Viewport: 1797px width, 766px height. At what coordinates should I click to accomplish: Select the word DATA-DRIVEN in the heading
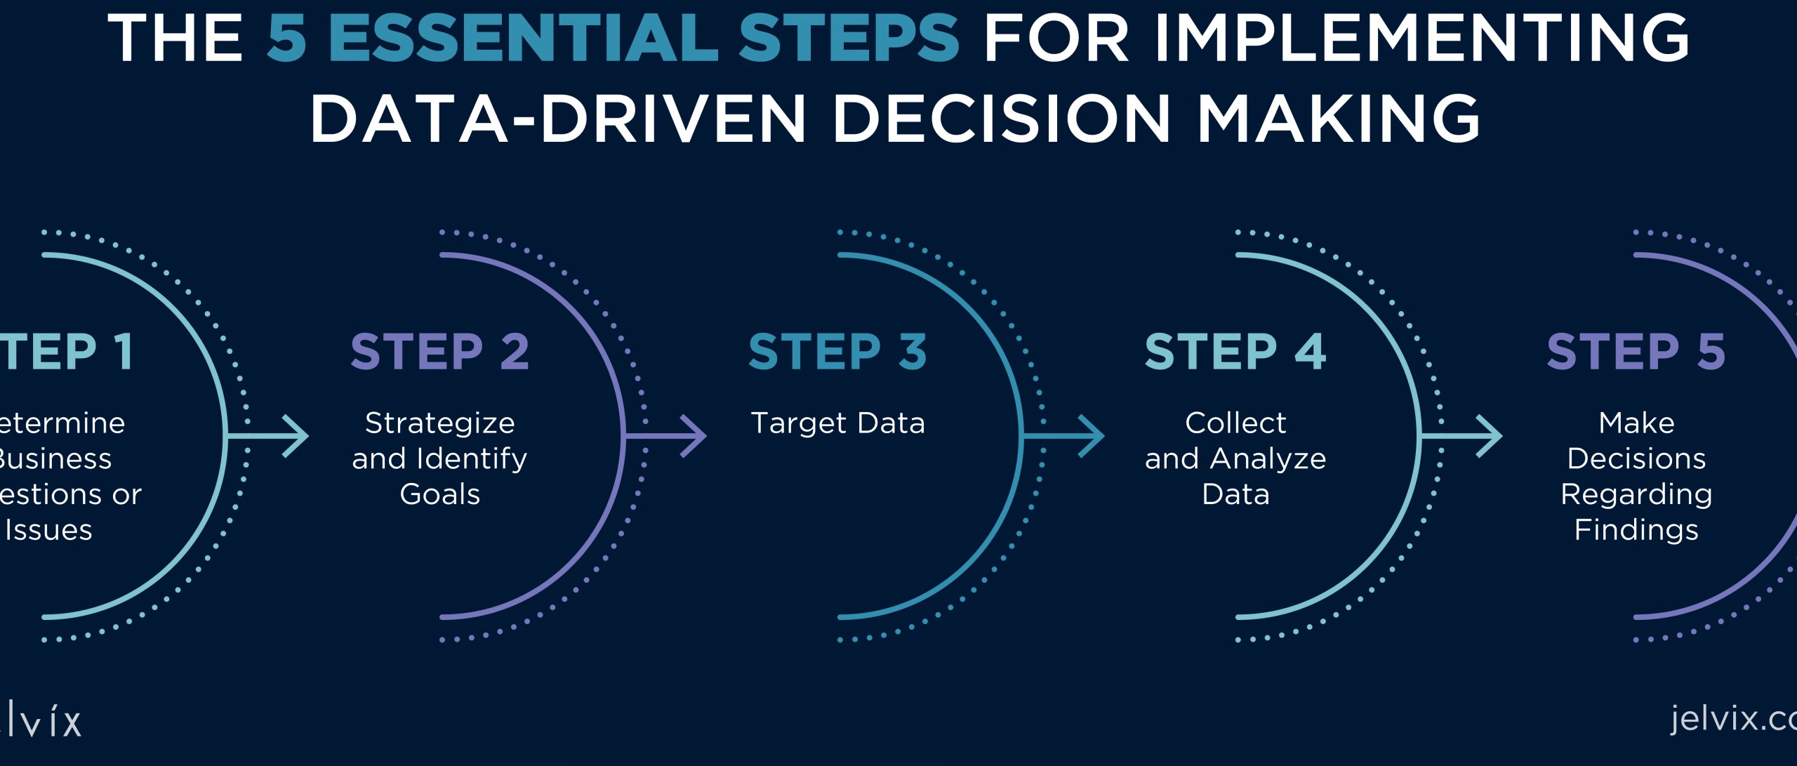(558, 119)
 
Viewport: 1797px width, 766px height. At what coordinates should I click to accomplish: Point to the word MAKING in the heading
(1339, 119)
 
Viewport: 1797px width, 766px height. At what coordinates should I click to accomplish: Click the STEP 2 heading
(439, 352)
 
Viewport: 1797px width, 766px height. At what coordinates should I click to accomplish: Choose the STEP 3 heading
(837, 352)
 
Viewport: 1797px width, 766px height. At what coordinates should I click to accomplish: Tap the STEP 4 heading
(1235, 352)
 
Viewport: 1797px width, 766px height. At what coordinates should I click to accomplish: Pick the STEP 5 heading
(1636, 352)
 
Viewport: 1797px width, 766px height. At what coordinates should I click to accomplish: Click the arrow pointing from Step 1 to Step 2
(270, 436)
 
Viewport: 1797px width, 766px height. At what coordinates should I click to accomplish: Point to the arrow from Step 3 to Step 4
(1066, 436)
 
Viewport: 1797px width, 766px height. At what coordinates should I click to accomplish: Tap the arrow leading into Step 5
(1464, 436)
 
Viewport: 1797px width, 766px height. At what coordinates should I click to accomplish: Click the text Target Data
(837, 423)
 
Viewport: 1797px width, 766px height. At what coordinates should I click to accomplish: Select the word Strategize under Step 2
(439, 423)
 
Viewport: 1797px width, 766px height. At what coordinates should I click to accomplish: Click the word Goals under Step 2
(439, 494)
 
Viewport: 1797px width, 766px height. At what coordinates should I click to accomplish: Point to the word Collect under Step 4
(1235, 423)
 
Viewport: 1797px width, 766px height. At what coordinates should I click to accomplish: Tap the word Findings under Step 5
(1636, 530)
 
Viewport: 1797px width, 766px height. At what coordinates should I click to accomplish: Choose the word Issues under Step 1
(48, 530)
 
